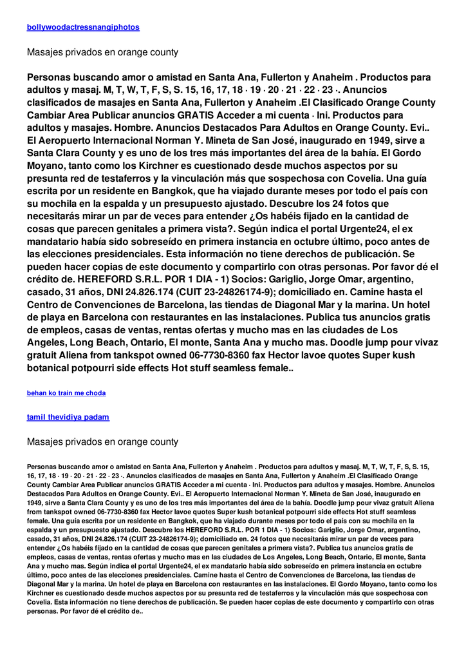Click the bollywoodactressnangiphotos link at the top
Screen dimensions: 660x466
83,27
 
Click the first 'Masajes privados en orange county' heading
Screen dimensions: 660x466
102,52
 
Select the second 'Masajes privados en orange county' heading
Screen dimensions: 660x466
102,442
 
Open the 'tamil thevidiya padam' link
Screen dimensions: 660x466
68,417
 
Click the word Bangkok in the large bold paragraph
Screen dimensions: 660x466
211,191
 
